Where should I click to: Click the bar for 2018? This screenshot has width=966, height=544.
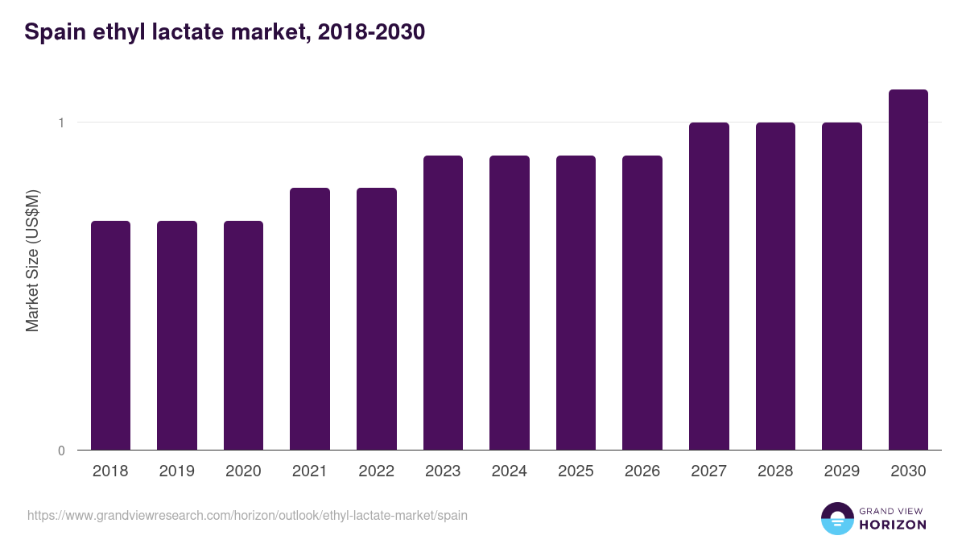point(110,335)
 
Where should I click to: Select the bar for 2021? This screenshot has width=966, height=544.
point(310,319)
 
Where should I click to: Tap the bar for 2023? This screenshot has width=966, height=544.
point(443,303)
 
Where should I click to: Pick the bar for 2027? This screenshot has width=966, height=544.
point(709,286)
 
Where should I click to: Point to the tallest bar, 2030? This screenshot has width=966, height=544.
point(908,270)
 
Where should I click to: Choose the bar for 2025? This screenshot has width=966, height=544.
point(576,303)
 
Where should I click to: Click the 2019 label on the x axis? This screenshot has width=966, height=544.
point(177,471)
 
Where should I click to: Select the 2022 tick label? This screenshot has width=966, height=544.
point(376,471)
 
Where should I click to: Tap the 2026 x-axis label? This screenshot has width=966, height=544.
point(642,471)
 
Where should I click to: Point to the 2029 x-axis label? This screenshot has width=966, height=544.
point(842,471)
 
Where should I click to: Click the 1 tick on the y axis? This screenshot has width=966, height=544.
point(60,123)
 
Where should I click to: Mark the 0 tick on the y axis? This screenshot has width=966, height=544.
point(60,451)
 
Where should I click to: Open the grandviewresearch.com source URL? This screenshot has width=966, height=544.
point(247,515)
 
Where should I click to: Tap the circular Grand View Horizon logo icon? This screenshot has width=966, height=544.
point(837,518)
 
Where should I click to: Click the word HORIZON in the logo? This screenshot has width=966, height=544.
point(893,525)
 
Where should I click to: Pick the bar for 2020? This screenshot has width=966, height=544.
point(243,335)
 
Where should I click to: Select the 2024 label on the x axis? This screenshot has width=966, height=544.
point(510,471)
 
